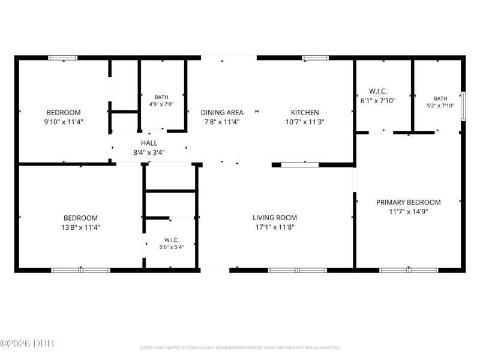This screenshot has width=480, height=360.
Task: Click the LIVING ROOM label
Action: tap(275, 218)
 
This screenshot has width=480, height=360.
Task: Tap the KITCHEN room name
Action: tap(305, 112)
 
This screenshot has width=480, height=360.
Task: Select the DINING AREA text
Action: tap(222, 112)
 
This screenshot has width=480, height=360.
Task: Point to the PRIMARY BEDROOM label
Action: tap(409, 202)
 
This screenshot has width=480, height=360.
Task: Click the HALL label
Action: tap(149, 143)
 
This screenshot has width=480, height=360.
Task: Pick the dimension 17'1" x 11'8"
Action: tap(275, 227)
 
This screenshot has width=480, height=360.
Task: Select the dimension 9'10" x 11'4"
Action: tap(64, 122)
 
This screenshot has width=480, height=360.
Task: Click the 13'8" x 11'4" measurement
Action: tap(81, 227)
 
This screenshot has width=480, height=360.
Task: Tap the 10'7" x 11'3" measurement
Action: tap(305, 122)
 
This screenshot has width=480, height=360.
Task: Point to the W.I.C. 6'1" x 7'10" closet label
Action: tap(378, 96)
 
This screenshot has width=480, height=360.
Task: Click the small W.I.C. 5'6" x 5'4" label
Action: tap(172, 244)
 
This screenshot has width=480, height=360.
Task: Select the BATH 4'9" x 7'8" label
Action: tap(161, 101)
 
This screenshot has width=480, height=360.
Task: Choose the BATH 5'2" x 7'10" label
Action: tap(440, 102)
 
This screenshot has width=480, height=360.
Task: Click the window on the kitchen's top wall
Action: tap(316, 58)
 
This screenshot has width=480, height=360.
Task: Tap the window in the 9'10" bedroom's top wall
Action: tap(63, 58)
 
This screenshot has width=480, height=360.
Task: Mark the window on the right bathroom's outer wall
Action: tap(463, 106)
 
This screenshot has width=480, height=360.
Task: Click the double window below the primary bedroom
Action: tap(409, 271)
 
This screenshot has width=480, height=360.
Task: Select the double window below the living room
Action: tap(297, 271)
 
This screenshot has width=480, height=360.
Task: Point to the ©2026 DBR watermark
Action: tap(27, 343)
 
